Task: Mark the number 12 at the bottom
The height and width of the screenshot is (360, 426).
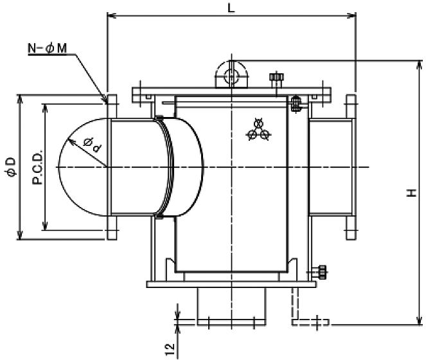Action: click(x=170, y=348)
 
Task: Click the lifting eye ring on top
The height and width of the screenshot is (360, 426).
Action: click(x=229, y=74)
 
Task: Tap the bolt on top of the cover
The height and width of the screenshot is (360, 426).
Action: click(x=276, y=80)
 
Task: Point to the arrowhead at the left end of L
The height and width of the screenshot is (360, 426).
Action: click(x=111, y=14)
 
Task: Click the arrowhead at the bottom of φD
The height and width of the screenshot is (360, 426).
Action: click(x=19, y=235)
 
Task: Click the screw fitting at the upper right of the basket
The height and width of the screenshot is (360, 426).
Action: click(x=296, y=104)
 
